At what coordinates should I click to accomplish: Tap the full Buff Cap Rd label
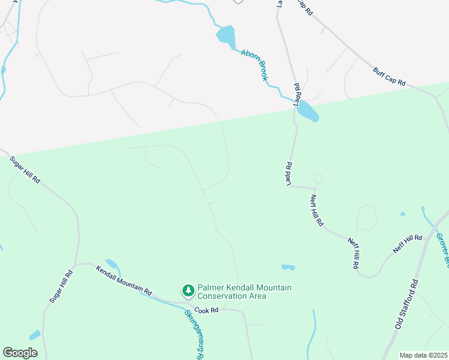click(x=389, y=76)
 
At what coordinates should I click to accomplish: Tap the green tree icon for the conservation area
click(x=188, y=291)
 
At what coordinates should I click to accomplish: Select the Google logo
click(x=20, y=353)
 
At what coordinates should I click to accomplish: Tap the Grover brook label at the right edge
click(x=442, y=250)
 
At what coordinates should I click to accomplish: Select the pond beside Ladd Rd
click(x=307, y=111)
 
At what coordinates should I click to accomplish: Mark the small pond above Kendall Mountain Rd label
click(x=112, y=263)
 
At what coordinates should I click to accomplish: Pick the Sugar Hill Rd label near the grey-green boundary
click(x=25, y=170)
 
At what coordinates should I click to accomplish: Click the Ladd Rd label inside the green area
click(x=289, y=173)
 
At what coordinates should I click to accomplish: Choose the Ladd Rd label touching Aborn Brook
click(x=297, y=94)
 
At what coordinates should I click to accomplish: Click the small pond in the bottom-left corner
click(x=35, y=335)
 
